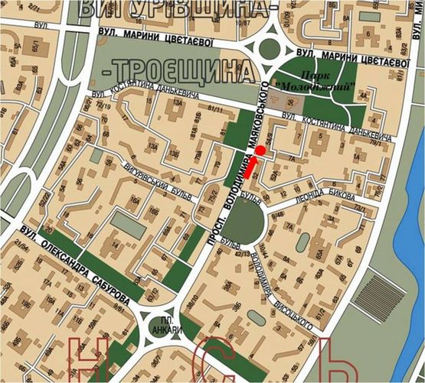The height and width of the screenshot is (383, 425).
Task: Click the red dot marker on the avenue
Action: (260, 151)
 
